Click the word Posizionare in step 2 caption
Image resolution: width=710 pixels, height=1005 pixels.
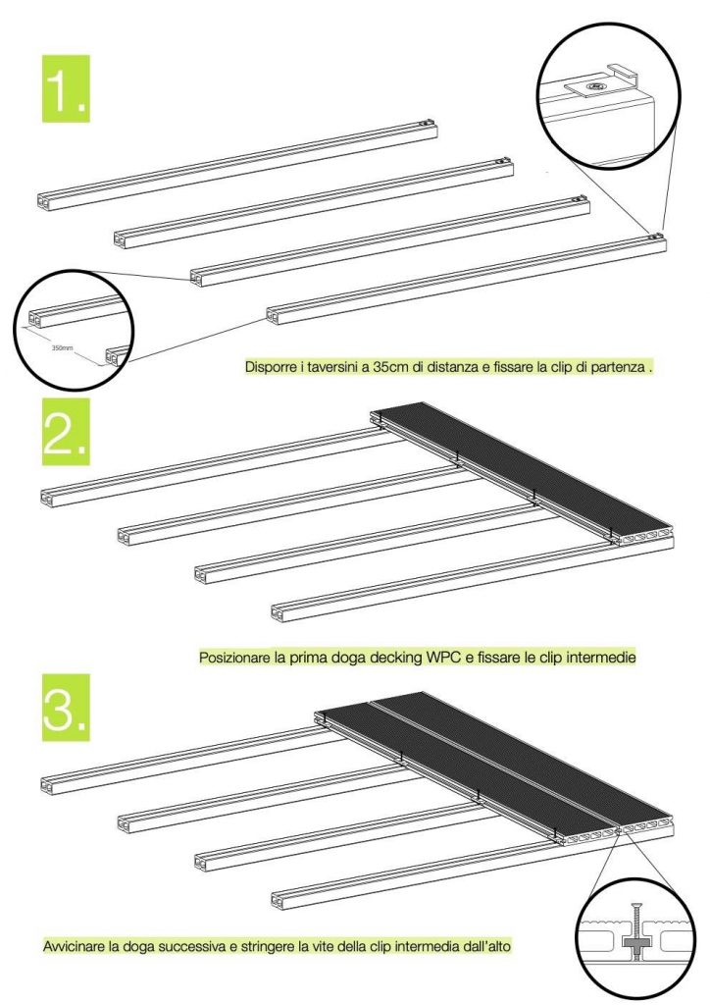tap(235, 657)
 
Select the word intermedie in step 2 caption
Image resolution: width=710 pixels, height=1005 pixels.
tap(602, 657)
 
